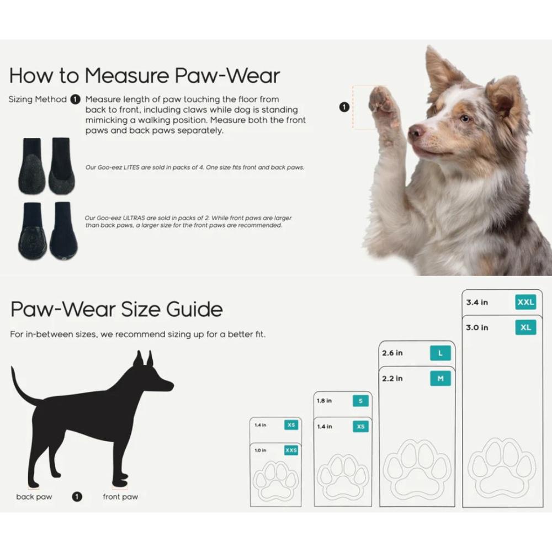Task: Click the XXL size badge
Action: tap(526, 302)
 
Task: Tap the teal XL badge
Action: tap(526, 327)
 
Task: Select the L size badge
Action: tap(440, 353)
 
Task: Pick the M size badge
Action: tap(440, 379)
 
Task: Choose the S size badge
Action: tap(360, 401)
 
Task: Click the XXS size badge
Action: tap(291, 450)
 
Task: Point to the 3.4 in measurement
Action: tap(477, 302)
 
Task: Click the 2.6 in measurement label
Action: tap(392, 353)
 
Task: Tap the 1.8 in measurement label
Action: tap(324, 401)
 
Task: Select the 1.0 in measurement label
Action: tap(261, 450)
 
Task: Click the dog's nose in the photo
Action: tap(416, 132)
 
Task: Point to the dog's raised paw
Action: tap(383, 105)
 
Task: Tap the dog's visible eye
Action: tap(465, 119)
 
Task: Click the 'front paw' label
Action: tap(120, 497)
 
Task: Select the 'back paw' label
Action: tap(34, 497)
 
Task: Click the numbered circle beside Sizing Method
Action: tap(75, 99)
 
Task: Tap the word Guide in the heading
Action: tap(194, 309)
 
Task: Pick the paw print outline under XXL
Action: tap(502, 468)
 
